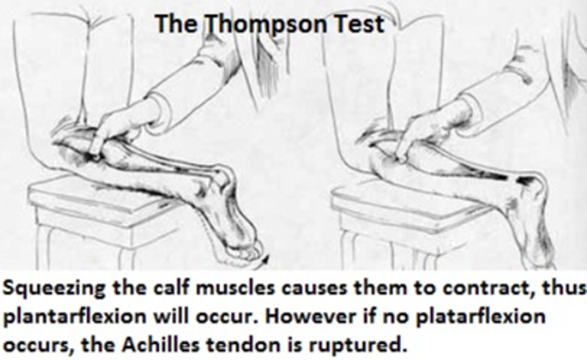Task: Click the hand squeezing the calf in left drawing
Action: click(110, 130)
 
